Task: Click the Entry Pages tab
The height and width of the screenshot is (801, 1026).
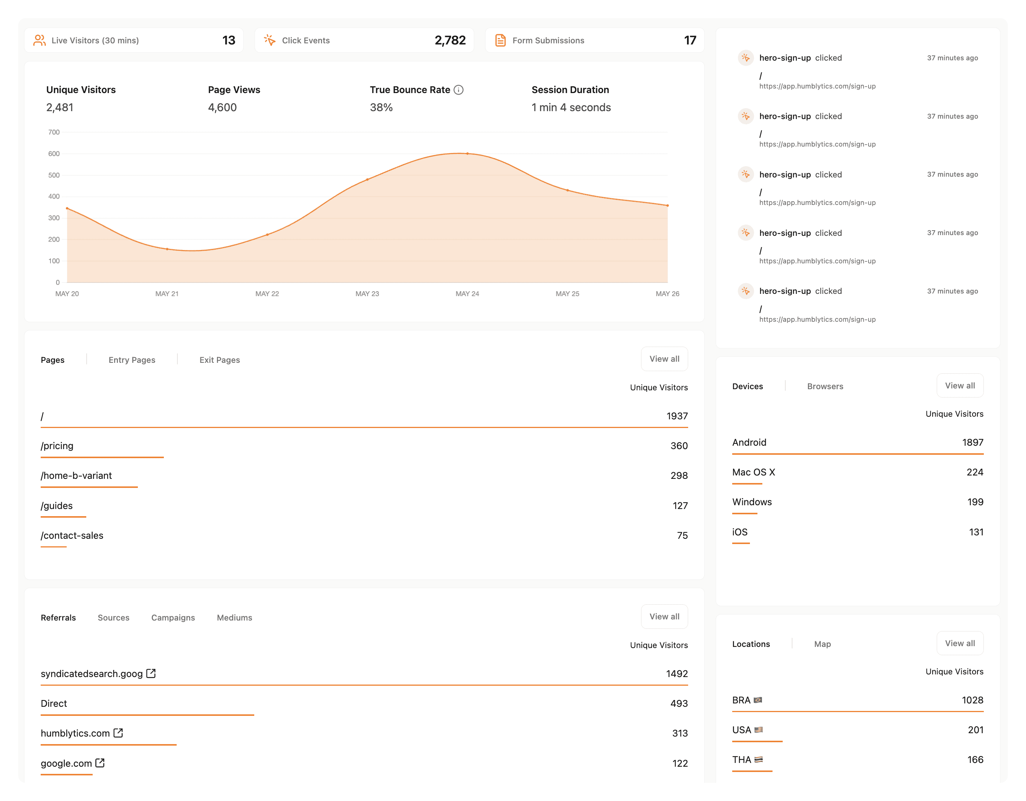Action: click(131, 360)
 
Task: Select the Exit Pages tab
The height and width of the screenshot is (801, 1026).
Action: click(219, 360)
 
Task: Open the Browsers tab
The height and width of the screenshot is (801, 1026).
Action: click(825, 386)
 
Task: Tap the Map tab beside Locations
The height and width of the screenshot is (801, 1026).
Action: click(822, 644)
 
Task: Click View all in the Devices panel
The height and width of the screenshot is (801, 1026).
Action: click(960, 386)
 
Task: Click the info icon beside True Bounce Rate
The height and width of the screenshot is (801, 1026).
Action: click(458, 90)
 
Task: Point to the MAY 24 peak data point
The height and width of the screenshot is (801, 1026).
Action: click(467, 154)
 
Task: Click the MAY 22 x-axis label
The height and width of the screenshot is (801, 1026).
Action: click(267, 293)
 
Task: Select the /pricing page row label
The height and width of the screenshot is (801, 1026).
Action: click(57, 446)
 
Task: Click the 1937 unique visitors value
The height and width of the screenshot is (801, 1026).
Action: click(677, 416)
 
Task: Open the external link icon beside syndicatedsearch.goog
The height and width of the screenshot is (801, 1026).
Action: click(151, 673)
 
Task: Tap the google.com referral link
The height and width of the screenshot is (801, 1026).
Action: click(66, 763)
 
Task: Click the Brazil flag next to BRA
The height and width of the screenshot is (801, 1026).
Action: click(758, 700)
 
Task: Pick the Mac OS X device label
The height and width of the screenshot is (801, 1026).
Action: click(754, 472)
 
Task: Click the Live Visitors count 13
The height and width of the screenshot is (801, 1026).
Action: click(229, 40)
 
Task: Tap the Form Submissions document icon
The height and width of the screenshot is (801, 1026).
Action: click(500, 40)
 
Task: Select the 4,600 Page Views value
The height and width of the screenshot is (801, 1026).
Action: click(222, 108)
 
